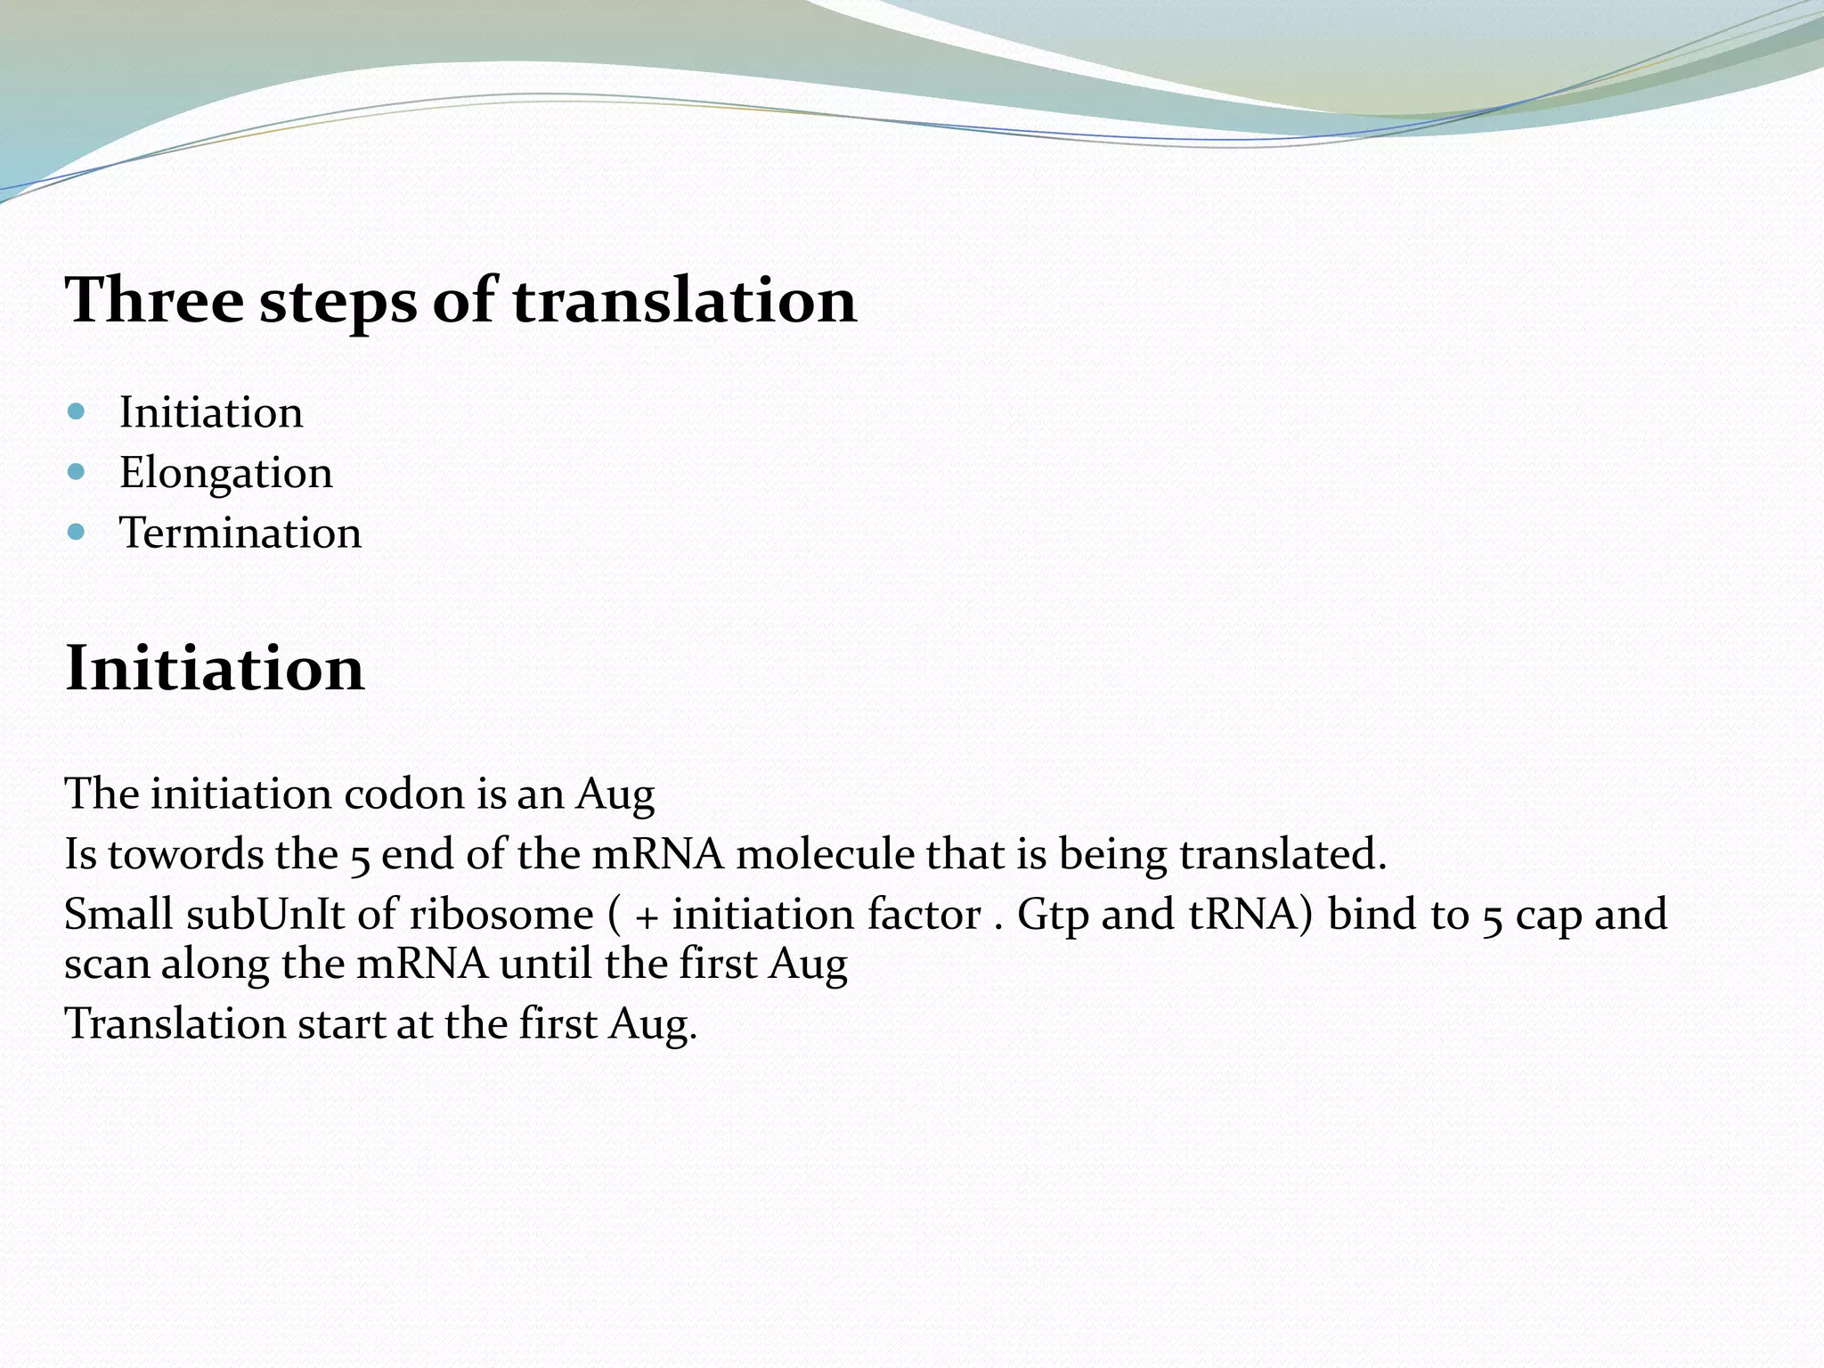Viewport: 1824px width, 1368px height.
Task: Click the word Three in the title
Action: point(153,300)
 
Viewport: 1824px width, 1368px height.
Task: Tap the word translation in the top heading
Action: point(683,300)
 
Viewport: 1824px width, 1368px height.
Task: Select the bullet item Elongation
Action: point(225,473)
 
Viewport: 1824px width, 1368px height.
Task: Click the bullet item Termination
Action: point(240,533)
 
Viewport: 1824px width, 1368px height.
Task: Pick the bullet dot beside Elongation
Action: point(76,472)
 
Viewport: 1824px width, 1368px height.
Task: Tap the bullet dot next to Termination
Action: point(76,533)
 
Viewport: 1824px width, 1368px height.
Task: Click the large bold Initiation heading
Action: point(215,668)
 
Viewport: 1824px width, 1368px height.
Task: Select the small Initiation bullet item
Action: point(211,412)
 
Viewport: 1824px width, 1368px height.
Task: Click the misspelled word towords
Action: point(185,855)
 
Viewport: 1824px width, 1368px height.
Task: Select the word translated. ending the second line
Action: point(1282,855)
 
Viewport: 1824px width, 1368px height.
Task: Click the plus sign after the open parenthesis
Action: point(647,917)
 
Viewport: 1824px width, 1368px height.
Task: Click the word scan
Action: point(107,965)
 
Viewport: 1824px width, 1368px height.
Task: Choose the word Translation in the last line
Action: point(174,1024)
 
